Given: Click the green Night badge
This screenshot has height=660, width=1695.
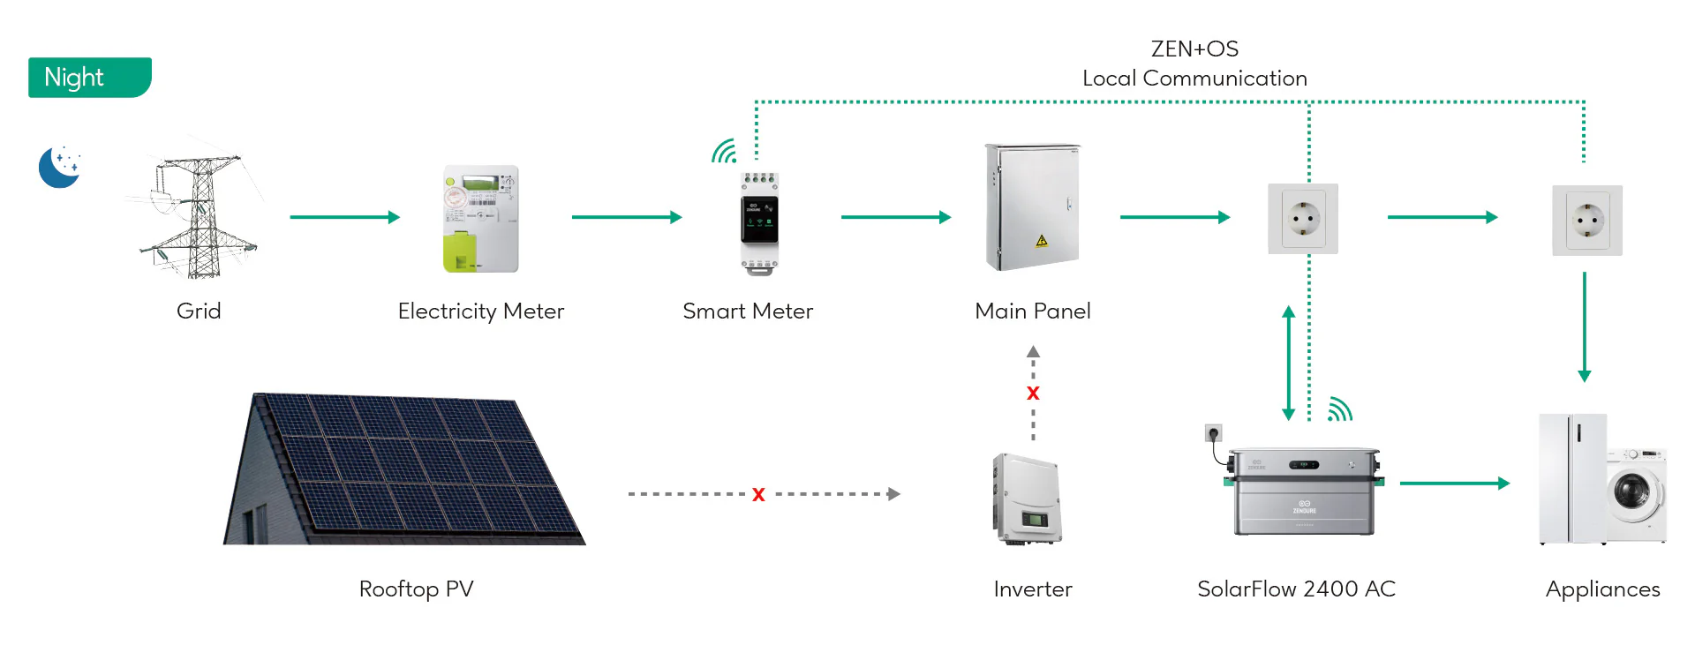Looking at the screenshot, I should coord(89,78).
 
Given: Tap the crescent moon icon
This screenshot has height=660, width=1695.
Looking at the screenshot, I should coord(59,167).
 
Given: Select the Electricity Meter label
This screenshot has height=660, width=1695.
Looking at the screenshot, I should coord(480,311).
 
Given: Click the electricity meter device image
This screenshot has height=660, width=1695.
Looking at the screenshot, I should coord(480,219).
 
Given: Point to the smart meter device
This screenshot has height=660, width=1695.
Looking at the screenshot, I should coord(758,222).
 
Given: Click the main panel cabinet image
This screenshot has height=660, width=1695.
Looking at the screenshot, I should coord(1032,207).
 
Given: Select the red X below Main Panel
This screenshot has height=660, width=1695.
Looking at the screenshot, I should coord(1033,394).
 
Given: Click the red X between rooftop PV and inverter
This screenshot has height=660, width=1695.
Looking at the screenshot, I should coord(758,495).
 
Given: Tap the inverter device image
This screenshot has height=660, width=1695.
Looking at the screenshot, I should coord(1027,499).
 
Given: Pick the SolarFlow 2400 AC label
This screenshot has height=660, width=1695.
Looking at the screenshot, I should coord(1295,589).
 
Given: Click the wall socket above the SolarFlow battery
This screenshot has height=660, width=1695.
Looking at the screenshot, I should coord(1303,219).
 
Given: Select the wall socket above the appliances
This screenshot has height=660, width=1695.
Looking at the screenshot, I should coord(1586,221).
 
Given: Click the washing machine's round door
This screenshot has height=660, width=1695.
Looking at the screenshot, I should coord(1631,490).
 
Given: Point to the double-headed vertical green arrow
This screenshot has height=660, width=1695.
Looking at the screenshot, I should coord(1288,363).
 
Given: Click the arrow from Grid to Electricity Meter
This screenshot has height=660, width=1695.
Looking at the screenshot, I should coord(344,217).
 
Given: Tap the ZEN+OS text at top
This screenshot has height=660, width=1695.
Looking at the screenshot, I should coord(1194,49).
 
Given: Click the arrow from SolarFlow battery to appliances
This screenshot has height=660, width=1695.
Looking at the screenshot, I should coord(1454,484).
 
